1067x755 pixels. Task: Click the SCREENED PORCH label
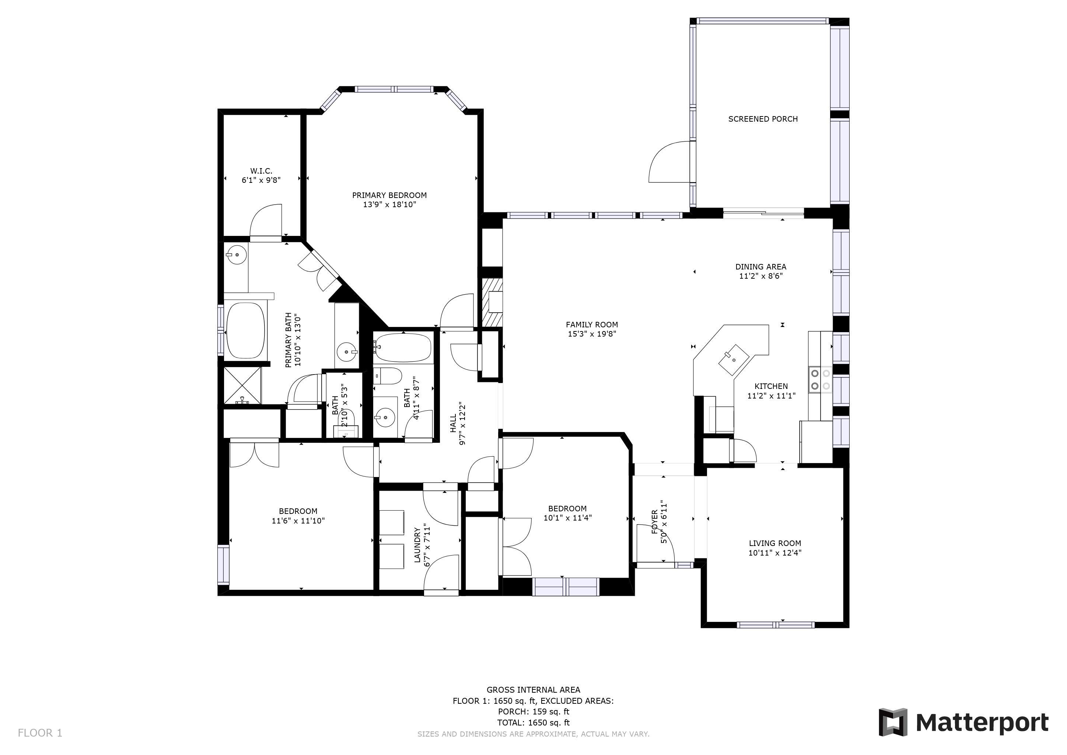coord(763,119)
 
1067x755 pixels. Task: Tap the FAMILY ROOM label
coord(592,325)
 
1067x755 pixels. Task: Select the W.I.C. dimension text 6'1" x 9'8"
coord(261,180)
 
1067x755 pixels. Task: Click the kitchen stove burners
coord(820,379)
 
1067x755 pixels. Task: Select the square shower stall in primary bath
coord(242,385)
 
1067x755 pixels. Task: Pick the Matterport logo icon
coord(893,722)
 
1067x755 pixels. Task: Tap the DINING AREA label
coord(761,267)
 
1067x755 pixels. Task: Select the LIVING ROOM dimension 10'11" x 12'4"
coord(775,553)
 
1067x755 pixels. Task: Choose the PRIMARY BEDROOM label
coord(389,195)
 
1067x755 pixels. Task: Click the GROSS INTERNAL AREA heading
coord(533,690)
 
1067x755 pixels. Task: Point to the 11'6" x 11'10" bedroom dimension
coord(298,521)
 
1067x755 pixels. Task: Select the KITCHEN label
coord(771,386)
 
